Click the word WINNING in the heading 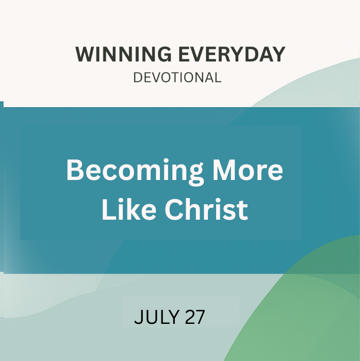point(124,54)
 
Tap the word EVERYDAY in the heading point(232,54)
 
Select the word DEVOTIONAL point(177,77)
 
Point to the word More point(248,170)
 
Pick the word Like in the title point(129,209)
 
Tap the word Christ point(206,209)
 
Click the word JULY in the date point(157,317)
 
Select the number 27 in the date point(195,317)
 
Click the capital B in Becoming point(75,170)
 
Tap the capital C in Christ point(174,209)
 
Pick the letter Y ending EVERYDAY point(278,54)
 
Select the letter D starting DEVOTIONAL point(138,77)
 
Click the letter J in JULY point(138,317)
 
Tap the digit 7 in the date point(200,317)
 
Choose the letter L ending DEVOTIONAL point(218,77)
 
